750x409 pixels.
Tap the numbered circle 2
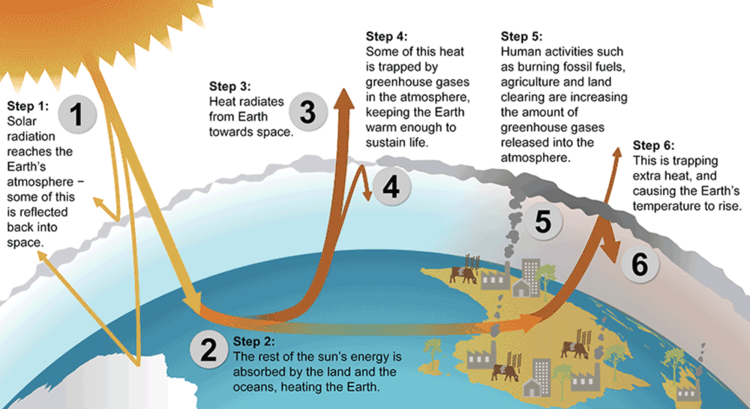point(207,350)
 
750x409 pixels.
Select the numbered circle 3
point(308,113)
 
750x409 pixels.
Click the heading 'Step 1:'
point(27,107)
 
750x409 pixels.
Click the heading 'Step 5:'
point(521,36)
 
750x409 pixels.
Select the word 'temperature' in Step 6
point(665,206)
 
